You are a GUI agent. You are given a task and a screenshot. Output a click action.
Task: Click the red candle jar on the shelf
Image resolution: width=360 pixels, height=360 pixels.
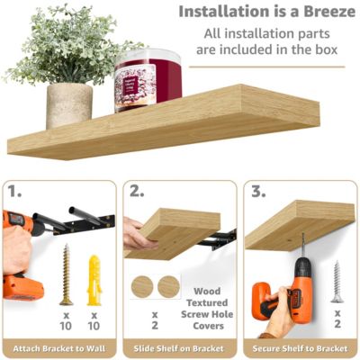[148, 80]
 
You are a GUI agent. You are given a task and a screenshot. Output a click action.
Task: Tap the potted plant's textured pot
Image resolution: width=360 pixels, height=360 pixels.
[69, 104]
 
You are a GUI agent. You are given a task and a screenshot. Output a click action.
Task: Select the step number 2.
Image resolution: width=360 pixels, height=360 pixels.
[137, 193]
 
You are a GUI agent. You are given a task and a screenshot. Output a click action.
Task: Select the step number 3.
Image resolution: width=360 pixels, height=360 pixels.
[257, 193]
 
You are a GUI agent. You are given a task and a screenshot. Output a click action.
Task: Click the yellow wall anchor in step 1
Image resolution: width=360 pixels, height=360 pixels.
[94, 279]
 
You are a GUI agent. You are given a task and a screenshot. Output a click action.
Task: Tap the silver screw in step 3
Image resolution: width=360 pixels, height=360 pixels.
[337, 281]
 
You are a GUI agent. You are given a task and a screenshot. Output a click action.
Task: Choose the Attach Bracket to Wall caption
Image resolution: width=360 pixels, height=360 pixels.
[59, 348]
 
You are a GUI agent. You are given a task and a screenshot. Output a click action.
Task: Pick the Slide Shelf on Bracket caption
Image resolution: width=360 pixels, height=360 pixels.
[179, 348]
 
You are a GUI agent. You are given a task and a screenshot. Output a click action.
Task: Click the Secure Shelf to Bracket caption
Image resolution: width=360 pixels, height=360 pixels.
[300, 348]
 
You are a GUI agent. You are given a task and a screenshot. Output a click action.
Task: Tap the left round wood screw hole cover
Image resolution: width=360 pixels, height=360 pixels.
[142, 287]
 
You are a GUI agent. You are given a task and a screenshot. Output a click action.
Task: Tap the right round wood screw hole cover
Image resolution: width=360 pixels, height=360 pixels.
[168, 287]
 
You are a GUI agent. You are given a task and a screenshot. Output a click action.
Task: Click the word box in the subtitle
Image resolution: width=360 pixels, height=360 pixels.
[322, 49]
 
